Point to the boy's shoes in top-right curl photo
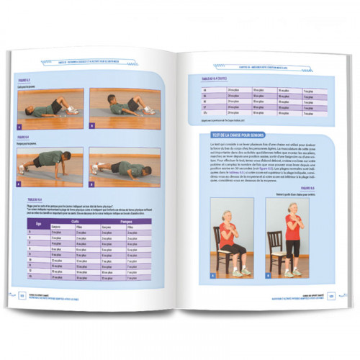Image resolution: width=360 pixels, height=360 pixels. click(149, 109)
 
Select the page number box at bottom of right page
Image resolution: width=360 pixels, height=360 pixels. click(332, 294)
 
